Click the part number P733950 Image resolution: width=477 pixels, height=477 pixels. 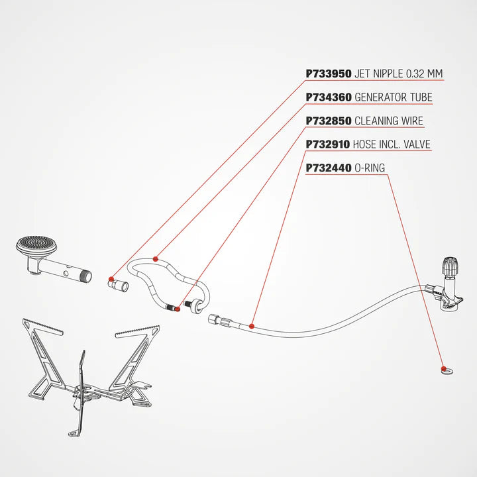click(329, 74)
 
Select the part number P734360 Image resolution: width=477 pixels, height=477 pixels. click(329, 97)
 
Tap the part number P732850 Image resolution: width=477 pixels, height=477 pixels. click(329, 121)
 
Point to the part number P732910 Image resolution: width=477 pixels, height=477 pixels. click(328, 144)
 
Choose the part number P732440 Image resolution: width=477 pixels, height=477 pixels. click(329, 168)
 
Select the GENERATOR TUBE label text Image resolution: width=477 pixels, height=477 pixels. click(394, 97)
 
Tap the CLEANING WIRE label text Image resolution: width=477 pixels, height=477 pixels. click(389, 121)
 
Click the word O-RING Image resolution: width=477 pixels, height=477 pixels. click(370, 168)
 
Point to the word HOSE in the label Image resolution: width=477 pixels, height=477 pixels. click(364, 144)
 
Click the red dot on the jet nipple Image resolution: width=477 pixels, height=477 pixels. click(111, 279)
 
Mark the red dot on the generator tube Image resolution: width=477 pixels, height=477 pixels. click(156, 259)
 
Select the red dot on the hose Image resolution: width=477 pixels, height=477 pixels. click(252, 327)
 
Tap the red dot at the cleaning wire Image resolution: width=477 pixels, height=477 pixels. click(178, 309)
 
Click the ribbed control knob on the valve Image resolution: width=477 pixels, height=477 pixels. click(450, 266)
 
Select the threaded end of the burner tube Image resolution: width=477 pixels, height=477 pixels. click(87, 276)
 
